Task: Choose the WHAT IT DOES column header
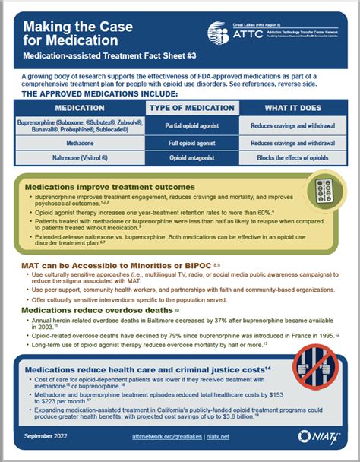[x=285, y=109]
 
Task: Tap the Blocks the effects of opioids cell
[x=285, y=157]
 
